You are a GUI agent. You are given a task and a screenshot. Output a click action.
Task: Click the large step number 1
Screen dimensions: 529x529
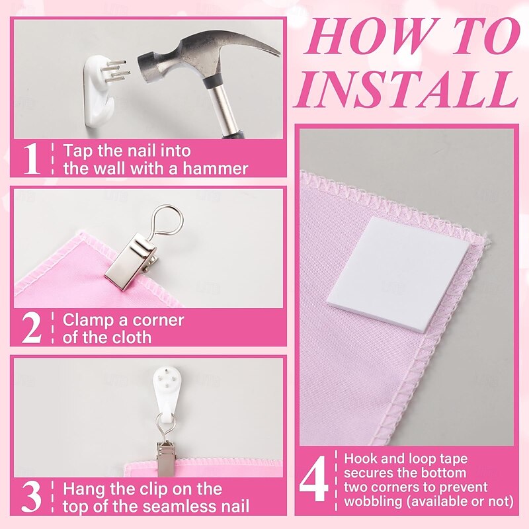(31, 159)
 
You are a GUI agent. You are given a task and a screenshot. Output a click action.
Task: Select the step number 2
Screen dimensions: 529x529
(31, 328)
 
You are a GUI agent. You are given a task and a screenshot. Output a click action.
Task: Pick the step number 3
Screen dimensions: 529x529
(31, 497)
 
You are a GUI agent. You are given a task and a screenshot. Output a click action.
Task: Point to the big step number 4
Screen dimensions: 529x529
(313, 479)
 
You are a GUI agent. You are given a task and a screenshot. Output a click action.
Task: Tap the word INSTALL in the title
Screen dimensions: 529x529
(406, 89)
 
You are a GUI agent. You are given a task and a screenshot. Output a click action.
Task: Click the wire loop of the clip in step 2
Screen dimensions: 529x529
(168, 221)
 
